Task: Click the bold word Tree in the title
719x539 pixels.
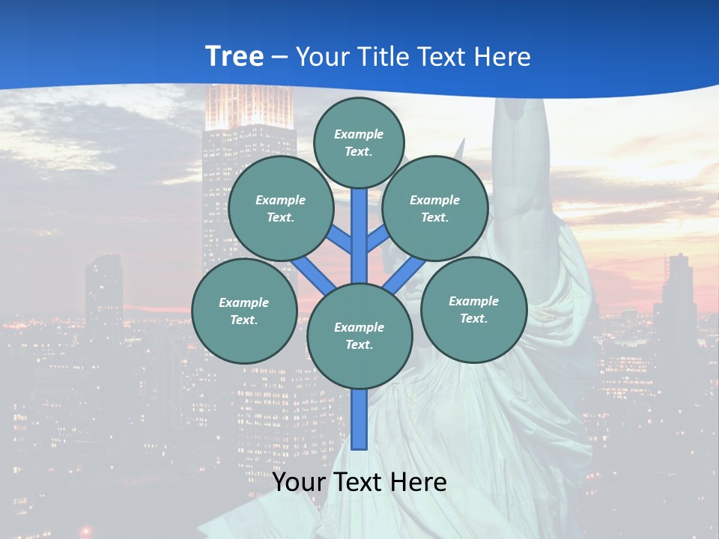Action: click(x=234, y=56)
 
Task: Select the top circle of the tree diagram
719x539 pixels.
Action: click(x=359, y=142)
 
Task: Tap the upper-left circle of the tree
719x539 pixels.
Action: click(x=281, y=209)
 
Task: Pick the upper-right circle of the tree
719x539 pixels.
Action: click(x=435, y=209)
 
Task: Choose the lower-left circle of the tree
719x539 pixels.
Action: click(x=244, y=311)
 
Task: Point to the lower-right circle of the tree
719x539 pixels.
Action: click(x=474, y=309)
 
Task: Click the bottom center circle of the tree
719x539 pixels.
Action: click(x=359, y=336)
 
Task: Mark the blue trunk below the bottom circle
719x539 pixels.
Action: click(x=359, y=419)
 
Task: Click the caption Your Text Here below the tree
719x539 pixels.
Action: click(x=359, y=482)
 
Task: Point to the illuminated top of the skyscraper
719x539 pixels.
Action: click(x=249, y=105)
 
